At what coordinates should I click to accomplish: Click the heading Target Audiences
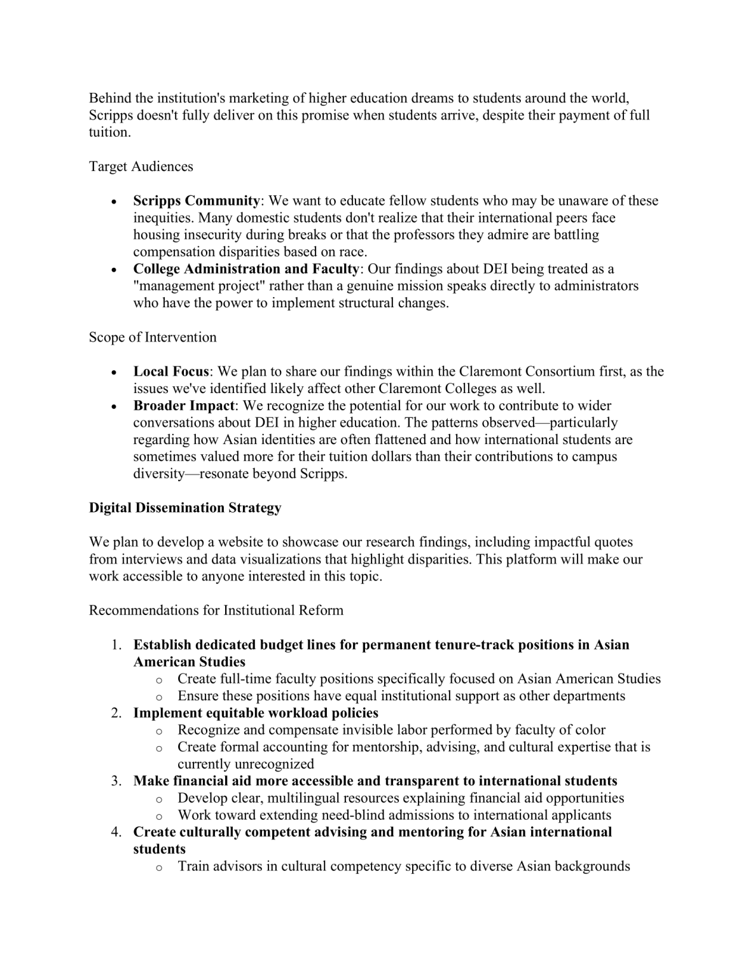tap(141, 167)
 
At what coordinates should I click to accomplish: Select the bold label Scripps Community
tap(196, 201)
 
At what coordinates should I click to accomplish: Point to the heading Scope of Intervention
tap(153, 337)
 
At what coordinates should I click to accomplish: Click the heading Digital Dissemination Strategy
tap(185, 508)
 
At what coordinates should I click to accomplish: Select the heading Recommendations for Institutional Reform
tap(216, 611)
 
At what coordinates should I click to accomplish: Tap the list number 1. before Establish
tap(116, 645)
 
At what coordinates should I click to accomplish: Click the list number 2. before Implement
tap(116, 713)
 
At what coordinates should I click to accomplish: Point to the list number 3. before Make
tap(116, 781)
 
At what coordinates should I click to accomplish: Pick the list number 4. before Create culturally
tap(116, 832)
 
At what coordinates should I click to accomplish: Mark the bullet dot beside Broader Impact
tap(114, 406)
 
